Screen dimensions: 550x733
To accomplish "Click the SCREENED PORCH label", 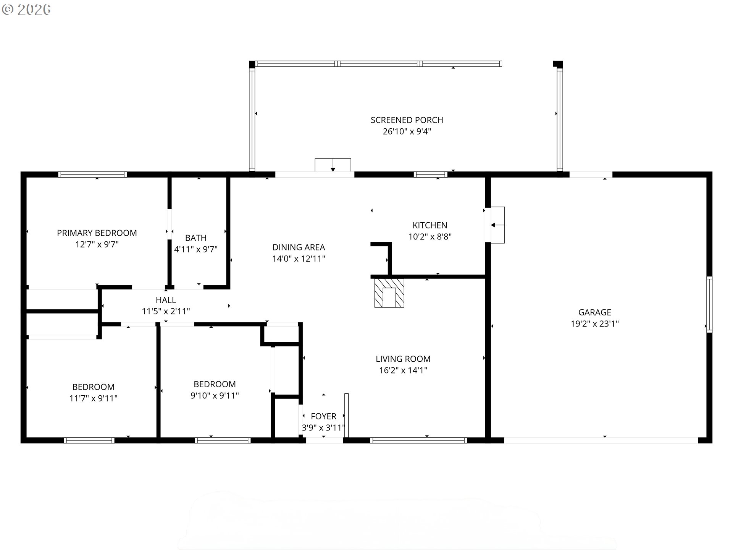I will [407, 120].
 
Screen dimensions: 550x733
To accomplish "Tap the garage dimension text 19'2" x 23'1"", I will [594, 324].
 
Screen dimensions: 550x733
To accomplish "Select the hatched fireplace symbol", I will [389, 293].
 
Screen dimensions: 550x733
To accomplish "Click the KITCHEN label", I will [429, 225].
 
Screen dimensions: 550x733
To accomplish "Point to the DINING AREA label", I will [299, 247].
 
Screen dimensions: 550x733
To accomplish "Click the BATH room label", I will [195, 238].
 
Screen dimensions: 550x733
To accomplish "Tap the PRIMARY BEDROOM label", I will [97, 233].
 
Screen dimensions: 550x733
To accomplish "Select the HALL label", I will [166, 300].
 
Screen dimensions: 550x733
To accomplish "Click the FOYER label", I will [323, 416].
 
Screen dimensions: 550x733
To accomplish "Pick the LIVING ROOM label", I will [403, 359].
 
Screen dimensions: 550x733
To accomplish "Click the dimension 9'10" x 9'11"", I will [215, 395].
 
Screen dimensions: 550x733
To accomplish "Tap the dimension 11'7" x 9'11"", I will [93, 398].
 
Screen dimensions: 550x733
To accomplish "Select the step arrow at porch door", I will [333, 165].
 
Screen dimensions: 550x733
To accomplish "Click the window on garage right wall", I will [709, 304].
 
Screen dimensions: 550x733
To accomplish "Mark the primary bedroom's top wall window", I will [92, 175].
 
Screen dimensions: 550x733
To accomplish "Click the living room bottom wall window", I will [418, 440].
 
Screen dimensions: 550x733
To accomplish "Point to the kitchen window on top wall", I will [430, 175].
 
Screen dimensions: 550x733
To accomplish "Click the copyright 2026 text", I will [26, 10].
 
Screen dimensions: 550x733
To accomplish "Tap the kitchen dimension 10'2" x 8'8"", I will [429, 236].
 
